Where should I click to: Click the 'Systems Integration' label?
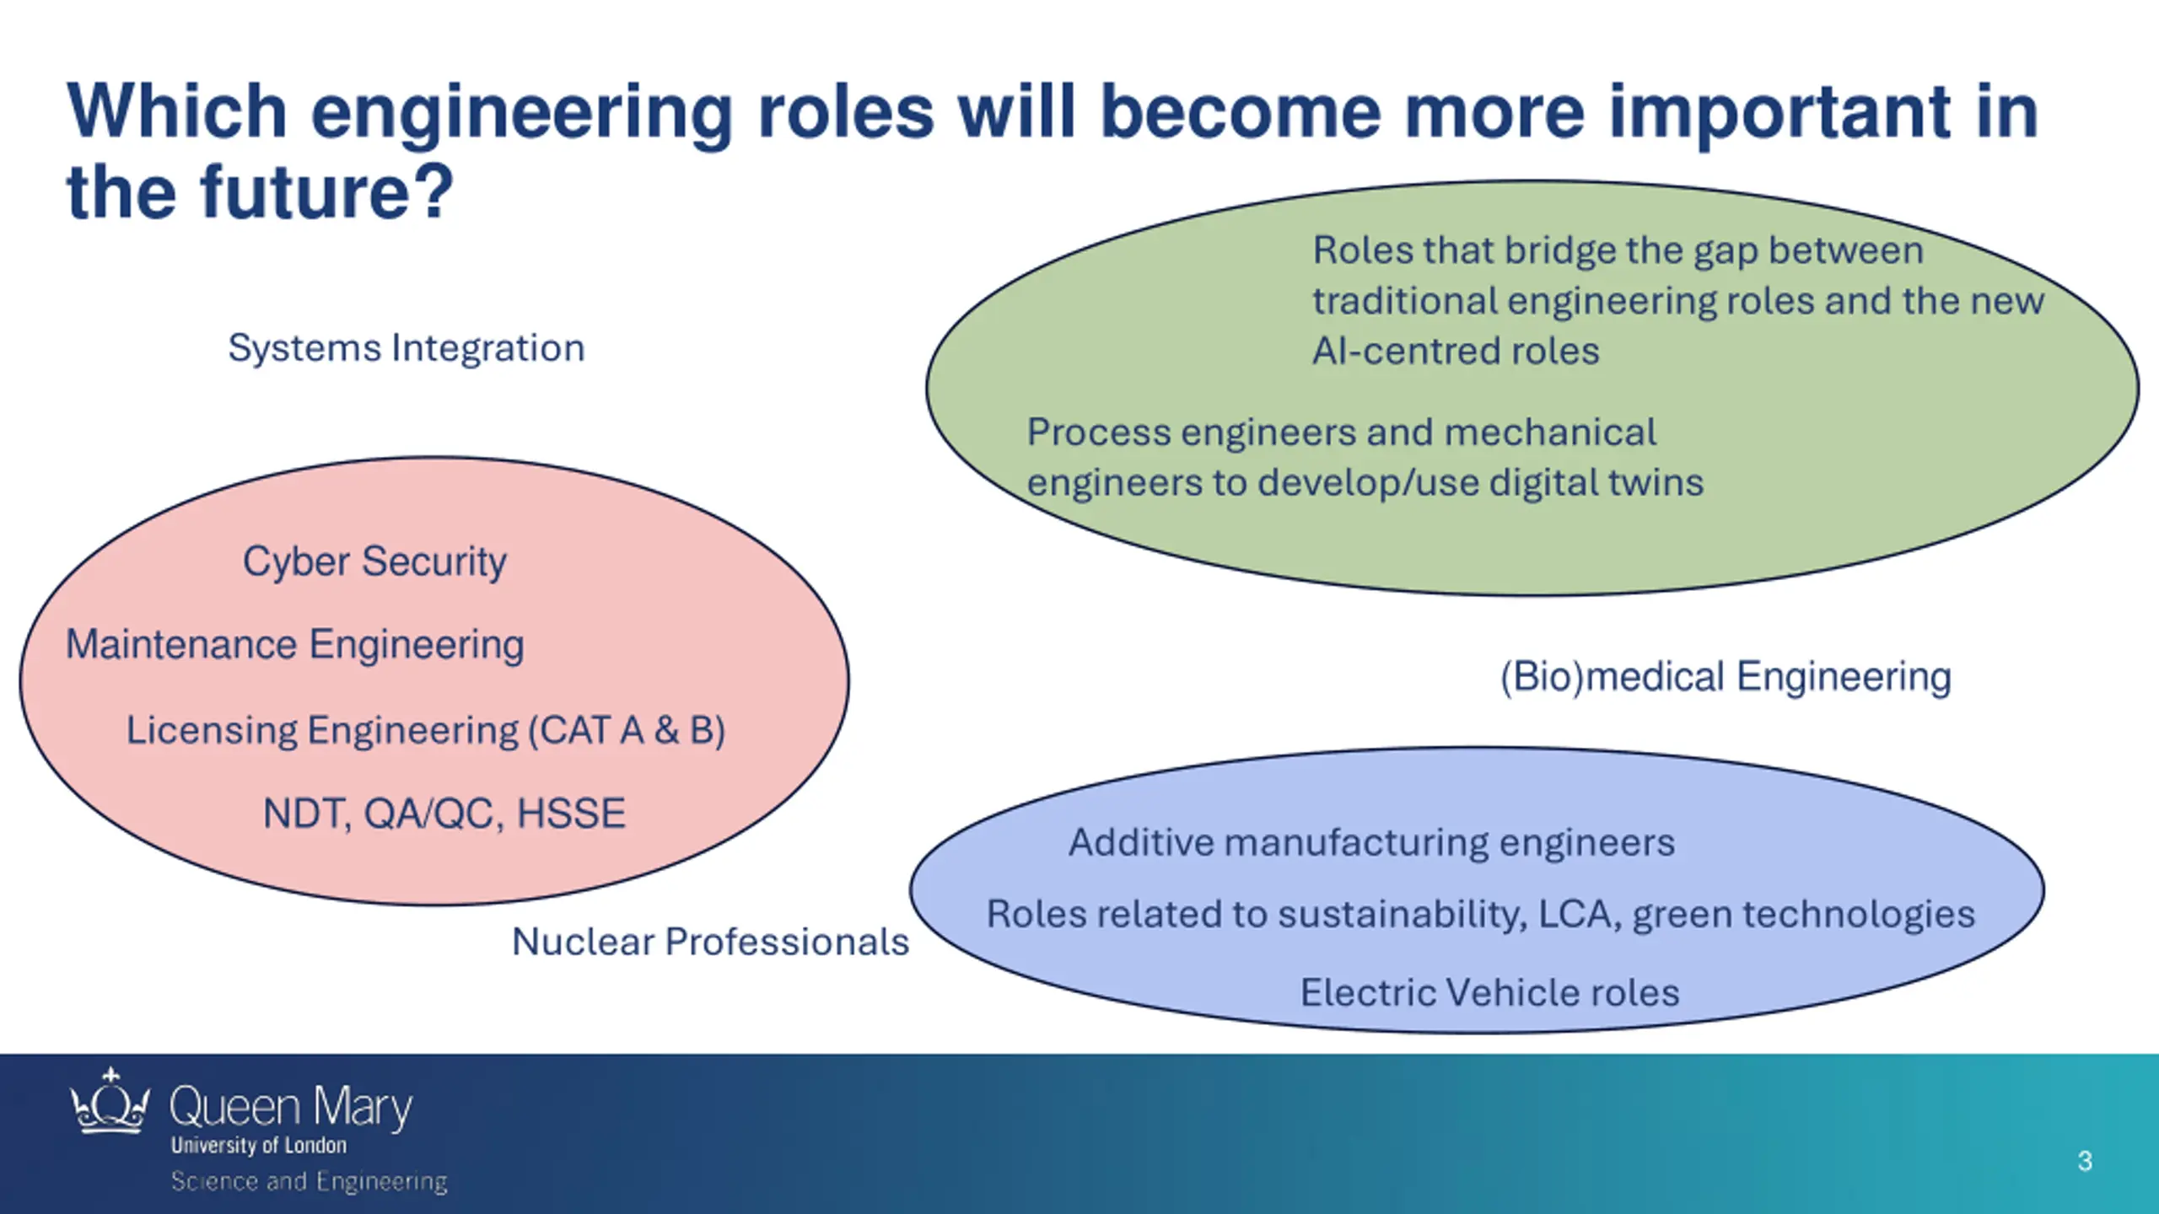point(406,348)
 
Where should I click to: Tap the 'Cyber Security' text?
point(374,561)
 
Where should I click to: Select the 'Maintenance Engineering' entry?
point(295,645)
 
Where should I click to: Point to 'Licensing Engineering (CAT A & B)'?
point(426,730)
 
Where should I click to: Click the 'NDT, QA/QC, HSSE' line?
point(444,814)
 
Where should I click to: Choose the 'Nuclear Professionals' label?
point(710,942)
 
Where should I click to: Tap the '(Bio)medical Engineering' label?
point(1726,677)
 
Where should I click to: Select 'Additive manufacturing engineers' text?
point(1371,842)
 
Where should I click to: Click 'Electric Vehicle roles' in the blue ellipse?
point(1489,992)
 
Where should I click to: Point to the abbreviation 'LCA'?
point(1574,914)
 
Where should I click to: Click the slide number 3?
point(2085,1161)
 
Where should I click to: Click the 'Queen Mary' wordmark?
point(290,1106)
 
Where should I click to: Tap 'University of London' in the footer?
point(258,1145)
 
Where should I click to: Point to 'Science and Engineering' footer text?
point(309,1181)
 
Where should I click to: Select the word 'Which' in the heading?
point(177,111)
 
